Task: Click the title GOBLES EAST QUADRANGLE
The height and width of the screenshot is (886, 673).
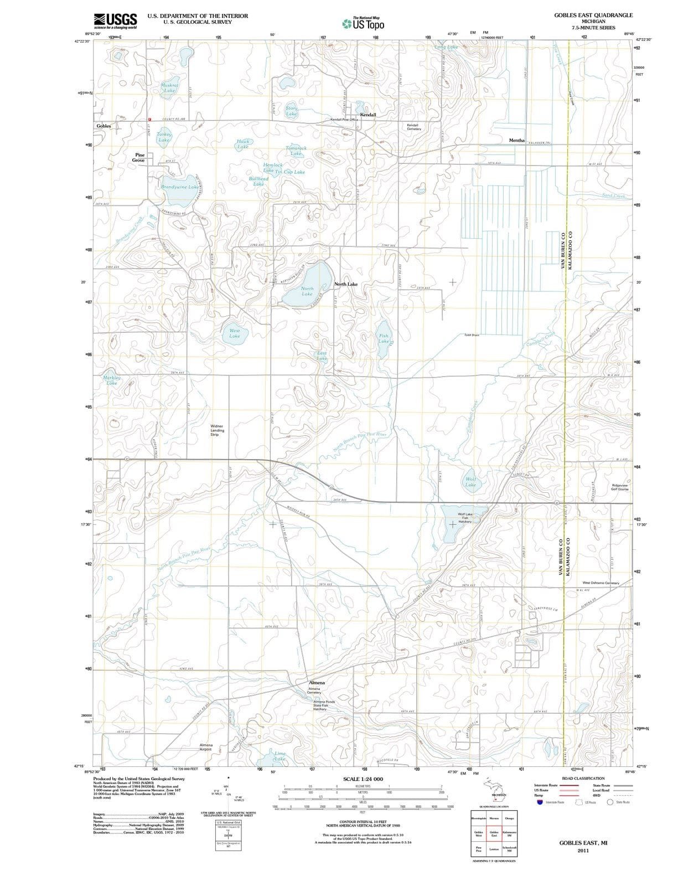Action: coord(593,16)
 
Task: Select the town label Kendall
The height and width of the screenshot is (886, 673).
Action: coord(368,115)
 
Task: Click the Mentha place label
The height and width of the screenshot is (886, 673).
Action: coord(516,141)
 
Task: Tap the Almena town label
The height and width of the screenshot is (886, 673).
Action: coord(317,683)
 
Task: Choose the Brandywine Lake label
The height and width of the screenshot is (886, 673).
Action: coord(179,187)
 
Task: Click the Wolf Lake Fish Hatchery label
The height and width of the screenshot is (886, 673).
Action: coord(465,518)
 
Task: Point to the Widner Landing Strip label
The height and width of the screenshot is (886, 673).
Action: coord(218,430)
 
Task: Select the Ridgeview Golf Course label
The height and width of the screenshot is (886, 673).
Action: coord(619,487)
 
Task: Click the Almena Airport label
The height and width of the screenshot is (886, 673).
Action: coord(206,747)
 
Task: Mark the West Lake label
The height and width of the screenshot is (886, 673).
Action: coord(235,333)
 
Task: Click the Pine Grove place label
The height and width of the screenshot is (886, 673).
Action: coord(139,158)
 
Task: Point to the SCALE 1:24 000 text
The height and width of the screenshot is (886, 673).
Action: coord(363,779)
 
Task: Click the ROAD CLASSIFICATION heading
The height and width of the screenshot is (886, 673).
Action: coord(583,778)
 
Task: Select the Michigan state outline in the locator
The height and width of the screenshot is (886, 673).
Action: coord(494,788)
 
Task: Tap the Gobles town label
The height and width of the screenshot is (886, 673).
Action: coord(103,126)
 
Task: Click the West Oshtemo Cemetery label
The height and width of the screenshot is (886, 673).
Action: coord(600,583)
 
